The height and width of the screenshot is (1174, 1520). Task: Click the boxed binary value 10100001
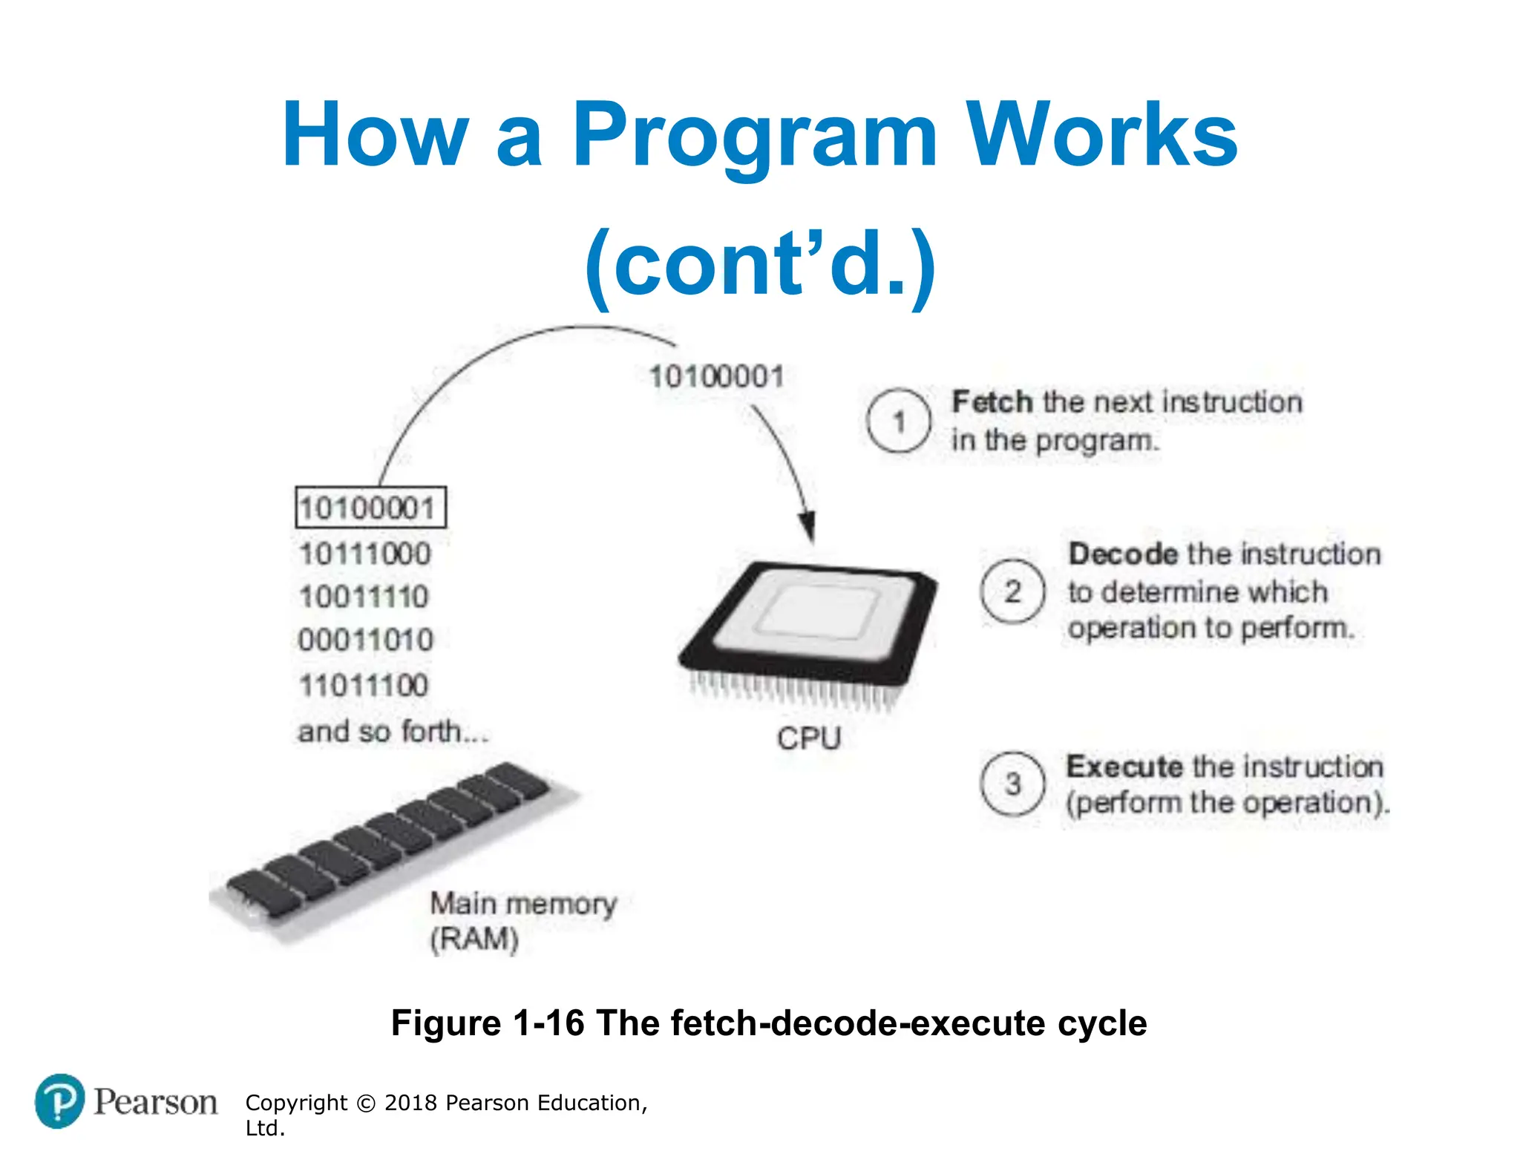coord(370,508)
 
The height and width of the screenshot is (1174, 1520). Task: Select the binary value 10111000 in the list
coord(365,554)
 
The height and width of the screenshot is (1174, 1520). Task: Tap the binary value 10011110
coord(364,597)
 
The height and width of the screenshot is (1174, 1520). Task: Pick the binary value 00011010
coord(365,640)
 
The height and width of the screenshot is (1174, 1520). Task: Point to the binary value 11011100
coord(364,685)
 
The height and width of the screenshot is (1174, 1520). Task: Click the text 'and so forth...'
coord(393,732)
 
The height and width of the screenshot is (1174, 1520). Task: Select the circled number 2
coord(1012,591)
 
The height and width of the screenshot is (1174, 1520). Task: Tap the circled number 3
coord(1012,784)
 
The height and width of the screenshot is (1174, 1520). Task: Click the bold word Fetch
coord(992,402)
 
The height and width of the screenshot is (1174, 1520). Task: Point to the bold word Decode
coord(1123,554)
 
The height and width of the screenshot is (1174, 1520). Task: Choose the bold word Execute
coord(1124,767)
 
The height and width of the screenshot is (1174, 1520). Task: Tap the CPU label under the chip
coord(809,738)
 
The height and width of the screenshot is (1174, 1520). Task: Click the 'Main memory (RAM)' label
coord(522,921)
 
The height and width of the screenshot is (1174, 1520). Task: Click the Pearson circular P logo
coord(59,1101)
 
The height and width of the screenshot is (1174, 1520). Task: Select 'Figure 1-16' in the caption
coord(488,1023)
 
